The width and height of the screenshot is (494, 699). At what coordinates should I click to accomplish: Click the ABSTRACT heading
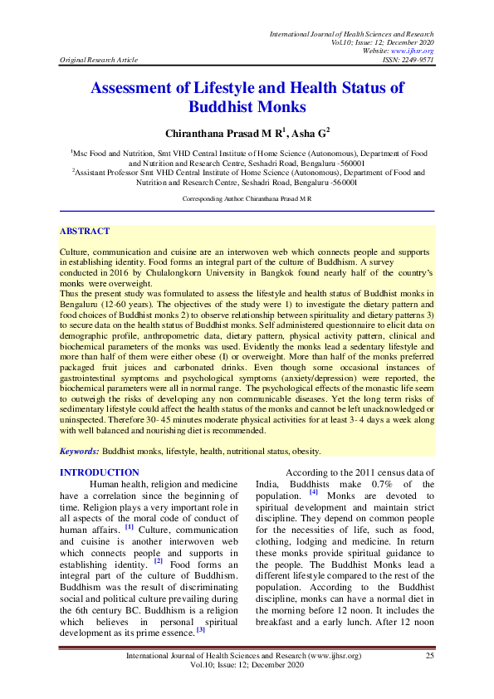[x=85, y=232]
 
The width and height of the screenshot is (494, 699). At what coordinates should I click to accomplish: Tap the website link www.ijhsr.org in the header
[x=414, y=51]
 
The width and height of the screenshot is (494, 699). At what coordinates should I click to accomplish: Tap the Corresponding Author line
[x=247, y=199]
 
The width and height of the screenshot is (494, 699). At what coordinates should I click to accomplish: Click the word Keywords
[x=79, y=451]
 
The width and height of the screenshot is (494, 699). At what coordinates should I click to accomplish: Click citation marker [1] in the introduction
[x=129, y=526]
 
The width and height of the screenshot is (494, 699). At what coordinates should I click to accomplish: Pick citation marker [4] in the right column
[x=313, y=493]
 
